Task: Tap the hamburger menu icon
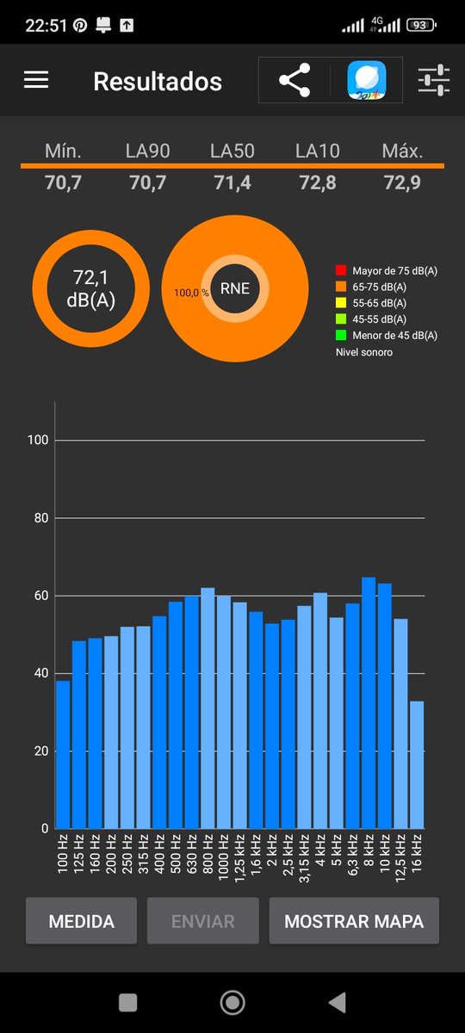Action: (36, 80)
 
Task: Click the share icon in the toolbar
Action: (294, 80)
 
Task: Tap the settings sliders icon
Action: (434, 80)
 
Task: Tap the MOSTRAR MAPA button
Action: (354, 920)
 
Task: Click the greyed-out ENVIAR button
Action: (203, 920)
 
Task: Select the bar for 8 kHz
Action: (369, 702)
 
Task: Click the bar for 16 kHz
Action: (417, 764)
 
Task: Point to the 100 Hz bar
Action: (63, 754)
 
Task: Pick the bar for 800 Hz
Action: (208, 708)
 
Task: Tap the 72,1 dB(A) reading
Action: (91, 288)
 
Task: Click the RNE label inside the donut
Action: (235, 288)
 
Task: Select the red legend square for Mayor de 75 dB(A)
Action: (341, 270)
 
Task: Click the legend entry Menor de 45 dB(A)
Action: (395, 335)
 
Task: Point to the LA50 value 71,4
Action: (232, 182)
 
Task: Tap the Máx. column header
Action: (402, 152)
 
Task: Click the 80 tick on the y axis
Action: (41, 518)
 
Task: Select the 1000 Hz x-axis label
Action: (223, 857)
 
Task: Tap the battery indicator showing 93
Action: (421, 25)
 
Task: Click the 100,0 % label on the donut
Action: (191, 293)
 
